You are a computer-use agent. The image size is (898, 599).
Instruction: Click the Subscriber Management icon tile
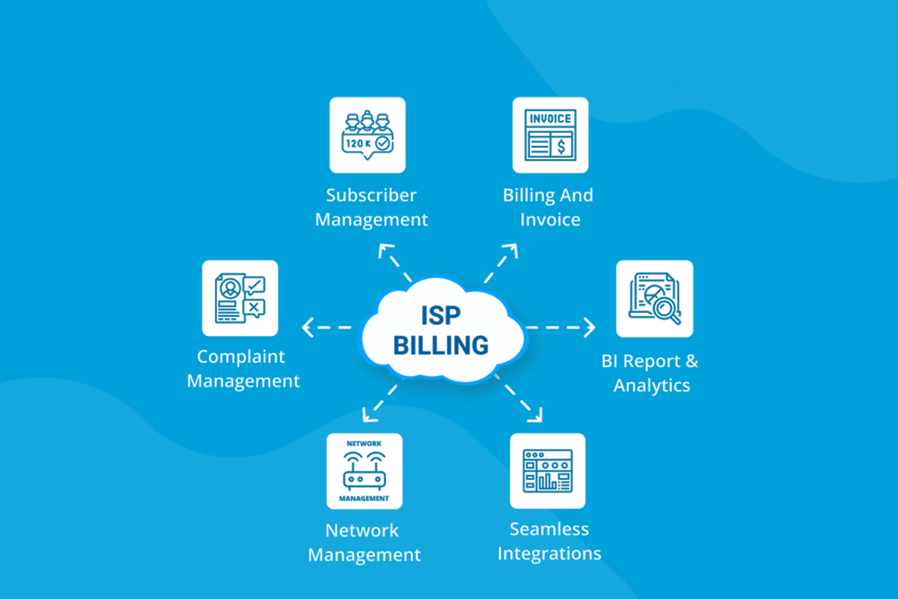(x=367, y=135)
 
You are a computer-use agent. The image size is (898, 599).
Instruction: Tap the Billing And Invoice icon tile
(x=550, y=135)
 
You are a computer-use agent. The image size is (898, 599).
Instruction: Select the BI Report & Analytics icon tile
(x=654, y=299)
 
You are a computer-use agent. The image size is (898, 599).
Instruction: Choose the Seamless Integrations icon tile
(x=548, y=471)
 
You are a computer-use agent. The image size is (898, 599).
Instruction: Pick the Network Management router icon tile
(x=364, y=471)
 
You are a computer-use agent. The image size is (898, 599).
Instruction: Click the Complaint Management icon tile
(x=239, y=298)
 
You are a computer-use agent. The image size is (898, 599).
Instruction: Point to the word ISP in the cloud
(x=441, y=316)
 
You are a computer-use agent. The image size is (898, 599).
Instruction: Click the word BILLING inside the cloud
(x=441, y=345)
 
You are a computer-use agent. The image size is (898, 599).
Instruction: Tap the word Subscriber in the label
(x=371, y=195)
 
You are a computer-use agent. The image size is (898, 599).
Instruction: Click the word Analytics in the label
(x=652, y=386)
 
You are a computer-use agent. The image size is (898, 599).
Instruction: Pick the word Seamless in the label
(x=549, y=529)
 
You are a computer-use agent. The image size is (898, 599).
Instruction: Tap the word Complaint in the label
(x=241, y=356)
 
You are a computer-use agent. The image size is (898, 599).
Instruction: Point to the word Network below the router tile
(x=362, y=531)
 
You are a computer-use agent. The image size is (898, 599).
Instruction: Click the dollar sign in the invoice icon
(x=561, y=145)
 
